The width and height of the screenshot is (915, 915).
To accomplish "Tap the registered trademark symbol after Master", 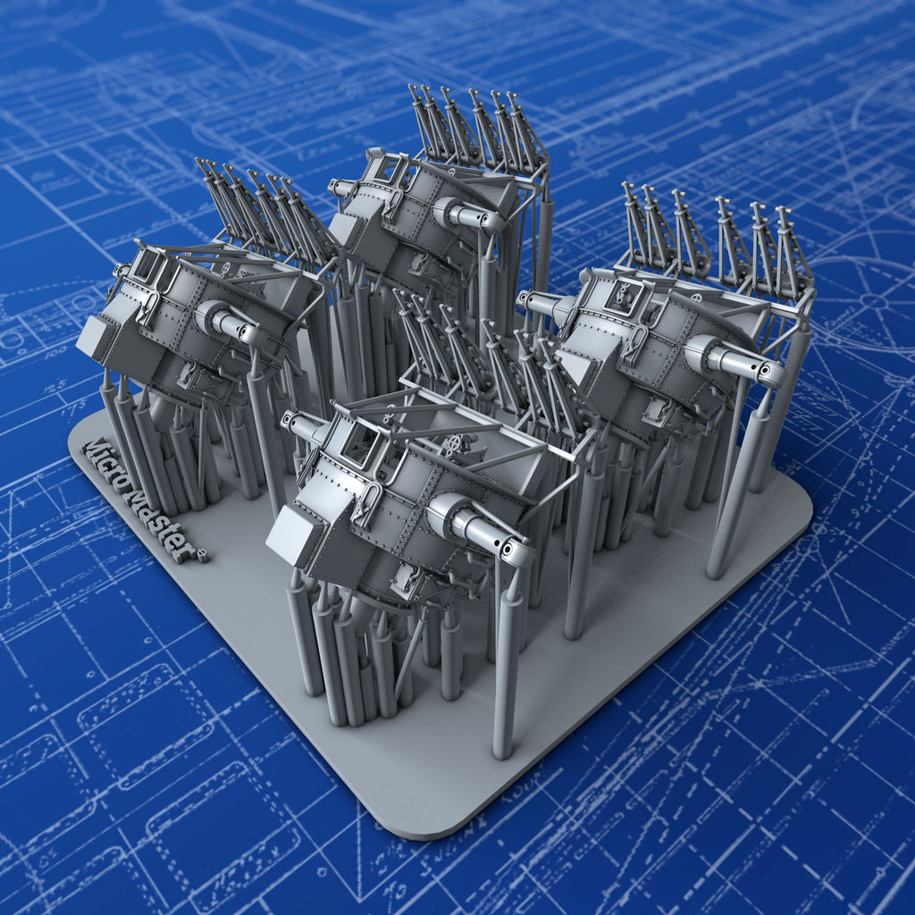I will pos(203,557).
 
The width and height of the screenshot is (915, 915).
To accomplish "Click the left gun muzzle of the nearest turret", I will pos(290,420).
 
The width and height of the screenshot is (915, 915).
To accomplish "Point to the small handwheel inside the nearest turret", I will pos(457,444).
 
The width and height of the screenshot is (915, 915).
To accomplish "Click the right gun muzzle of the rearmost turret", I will pos(491,221).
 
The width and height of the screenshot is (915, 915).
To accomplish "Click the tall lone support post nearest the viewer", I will pos(506,679).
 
